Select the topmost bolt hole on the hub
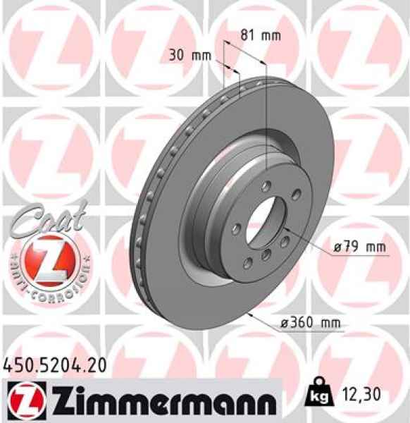264,186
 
